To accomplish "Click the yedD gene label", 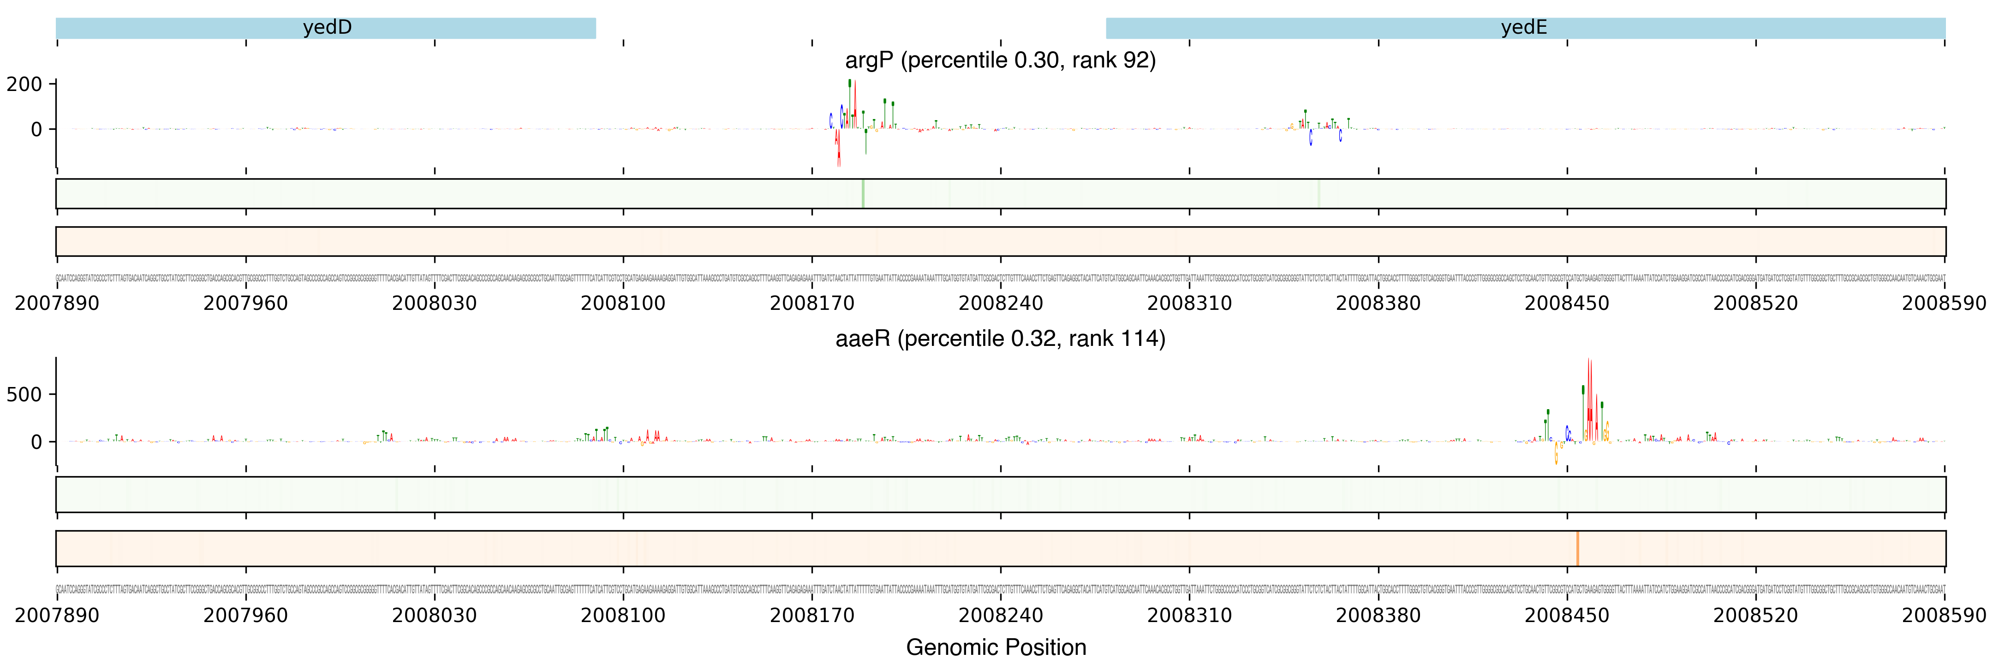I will [x=327, y=28].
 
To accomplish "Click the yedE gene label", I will [x=1523, y=28].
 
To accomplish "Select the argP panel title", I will [x=1000, y=60].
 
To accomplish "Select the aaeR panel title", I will [x=1000, y=339].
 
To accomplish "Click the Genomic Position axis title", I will [x=996, y=647].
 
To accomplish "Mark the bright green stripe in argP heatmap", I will [x=863, y=193].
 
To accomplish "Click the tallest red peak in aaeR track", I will [x=1589, y=387].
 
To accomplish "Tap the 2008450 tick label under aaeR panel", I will [x=1567, y=616].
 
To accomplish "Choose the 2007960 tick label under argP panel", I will [x=245, y=303].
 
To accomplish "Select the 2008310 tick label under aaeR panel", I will [x=1189, y=616].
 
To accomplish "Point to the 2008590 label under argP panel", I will [x=1944, y=303].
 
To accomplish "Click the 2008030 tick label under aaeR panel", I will [x=434, y=616].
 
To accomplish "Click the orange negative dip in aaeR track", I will [x=1556, y=455].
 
